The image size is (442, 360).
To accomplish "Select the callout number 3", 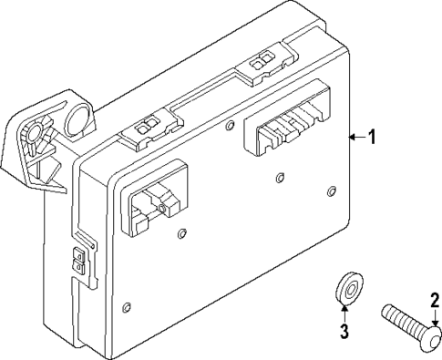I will tap(344, 331).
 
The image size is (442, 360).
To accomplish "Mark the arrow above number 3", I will tap(344, 312).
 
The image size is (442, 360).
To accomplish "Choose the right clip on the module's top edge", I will tap(261, 62).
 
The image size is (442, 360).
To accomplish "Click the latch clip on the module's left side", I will tap(81, 261).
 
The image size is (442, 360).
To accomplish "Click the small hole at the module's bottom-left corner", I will tap(127, 306).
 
